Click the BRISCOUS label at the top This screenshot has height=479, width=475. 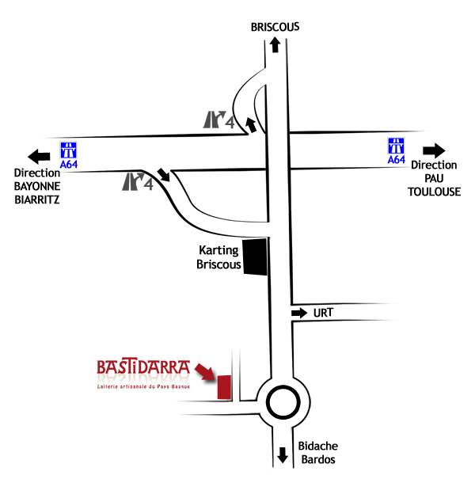(x=275, y=26)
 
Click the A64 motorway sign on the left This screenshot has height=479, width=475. (x=70, y=154)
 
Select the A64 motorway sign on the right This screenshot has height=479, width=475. (x=397, y=150)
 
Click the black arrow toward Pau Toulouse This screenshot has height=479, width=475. (x=435, y=150)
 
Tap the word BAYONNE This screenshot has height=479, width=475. (x=37, y=187)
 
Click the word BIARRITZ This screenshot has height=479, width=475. (x=37, y=200)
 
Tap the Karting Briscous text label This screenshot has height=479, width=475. (x=218, y=257)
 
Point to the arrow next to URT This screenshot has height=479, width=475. (x=300, y=314)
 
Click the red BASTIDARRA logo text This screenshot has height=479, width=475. (x=143, y=368)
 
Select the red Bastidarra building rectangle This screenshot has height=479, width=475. (x=223, y=387)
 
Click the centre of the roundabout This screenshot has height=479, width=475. (x=283, y=403)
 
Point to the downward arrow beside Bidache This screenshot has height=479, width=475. (x=283, y=456)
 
